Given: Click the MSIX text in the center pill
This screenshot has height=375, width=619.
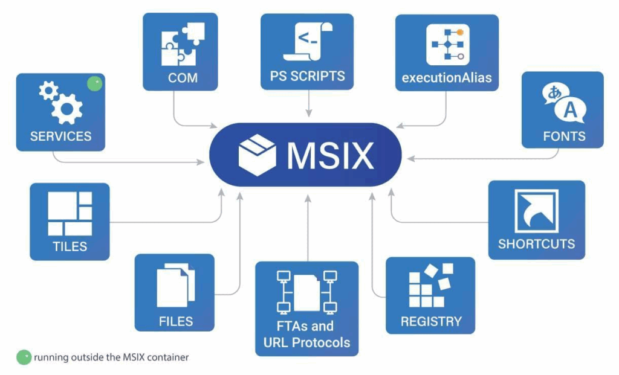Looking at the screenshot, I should [330, 155].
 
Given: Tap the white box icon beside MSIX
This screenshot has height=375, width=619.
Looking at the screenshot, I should [258, 155].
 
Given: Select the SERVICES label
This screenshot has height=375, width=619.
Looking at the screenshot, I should [60, 136].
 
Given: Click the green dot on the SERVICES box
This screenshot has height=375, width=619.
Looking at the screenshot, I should [94, 85].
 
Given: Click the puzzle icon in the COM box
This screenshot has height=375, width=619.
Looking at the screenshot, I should [183, 45].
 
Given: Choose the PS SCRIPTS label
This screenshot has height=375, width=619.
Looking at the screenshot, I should [307, 76].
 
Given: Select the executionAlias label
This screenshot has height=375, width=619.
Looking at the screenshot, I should [447, 77].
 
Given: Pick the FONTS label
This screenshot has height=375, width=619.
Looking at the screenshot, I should [563, 136].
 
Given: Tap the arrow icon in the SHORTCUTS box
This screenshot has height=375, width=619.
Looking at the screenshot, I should [536, 211].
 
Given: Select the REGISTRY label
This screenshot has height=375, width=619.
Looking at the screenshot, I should [430, 321].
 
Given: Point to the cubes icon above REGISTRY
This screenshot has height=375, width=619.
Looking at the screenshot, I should [430, 286].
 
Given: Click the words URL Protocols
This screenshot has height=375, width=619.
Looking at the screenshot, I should [306, 342].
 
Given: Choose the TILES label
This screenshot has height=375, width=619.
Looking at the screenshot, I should [70, 246].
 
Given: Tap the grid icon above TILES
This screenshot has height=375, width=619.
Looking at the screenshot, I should [70, 213].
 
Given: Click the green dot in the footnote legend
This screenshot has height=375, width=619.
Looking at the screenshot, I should [24, 357].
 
